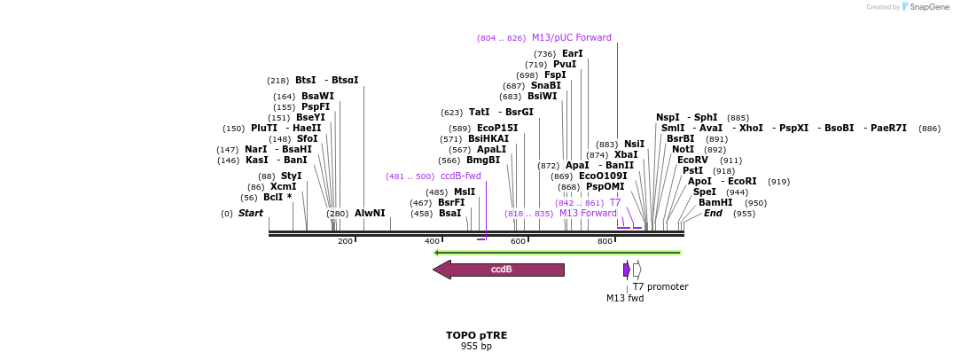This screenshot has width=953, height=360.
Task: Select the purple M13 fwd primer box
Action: [626, 270]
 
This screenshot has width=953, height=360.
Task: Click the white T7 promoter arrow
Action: [637, 270]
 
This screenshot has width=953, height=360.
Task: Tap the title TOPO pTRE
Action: [476, 336]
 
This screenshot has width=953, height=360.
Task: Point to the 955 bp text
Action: [476, 347]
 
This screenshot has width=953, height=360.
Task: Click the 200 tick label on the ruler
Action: [345, 241]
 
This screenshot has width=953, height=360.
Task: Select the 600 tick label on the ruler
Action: [518, 241]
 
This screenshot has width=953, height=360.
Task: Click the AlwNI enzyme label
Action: [370, 214]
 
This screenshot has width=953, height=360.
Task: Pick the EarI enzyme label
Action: [573, 54]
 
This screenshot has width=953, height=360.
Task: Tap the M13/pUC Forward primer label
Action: [571, 38]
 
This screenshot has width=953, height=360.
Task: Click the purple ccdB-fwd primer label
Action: [460, 176]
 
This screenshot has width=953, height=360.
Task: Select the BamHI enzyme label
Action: [715, 203]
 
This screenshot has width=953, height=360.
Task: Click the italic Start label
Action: [250, 214]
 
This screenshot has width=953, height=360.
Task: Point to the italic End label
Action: [713, 214]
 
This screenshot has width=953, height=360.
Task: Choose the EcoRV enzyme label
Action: [692, 160]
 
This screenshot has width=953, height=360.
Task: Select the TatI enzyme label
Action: [479, 113]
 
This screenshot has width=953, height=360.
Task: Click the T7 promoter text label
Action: [660, 287]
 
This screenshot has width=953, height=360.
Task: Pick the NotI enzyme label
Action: [683, 150]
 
